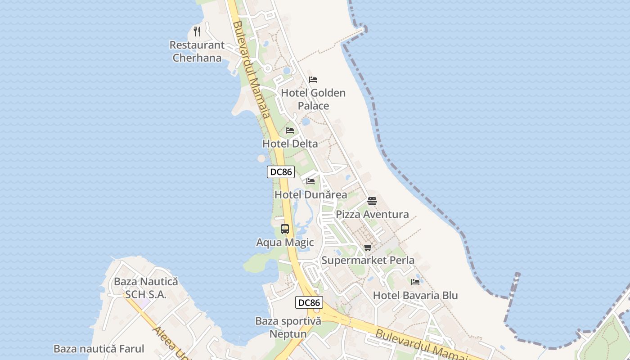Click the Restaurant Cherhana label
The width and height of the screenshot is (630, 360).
[197, 51]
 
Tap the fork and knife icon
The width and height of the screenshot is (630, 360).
[197, 31]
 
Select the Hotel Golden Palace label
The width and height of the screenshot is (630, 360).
[313, 99]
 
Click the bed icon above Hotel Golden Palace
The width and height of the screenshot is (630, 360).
[313, 80]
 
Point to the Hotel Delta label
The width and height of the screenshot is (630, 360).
[290, 144]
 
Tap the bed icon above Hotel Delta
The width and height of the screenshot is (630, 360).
[290, 130]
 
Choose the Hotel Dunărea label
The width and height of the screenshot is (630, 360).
[310, 195]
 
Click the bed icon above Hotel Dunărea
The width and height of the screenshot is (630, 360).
[310, 181]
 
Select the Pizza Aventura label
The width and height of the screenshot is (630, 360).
[372, 214]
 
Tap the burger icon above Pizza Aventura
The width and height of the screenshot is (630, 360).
[372, 201]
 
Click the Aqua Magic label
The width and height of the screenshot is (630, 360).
[285, 243]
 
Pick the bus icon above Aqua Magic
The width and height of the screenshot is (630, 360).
[285, 229]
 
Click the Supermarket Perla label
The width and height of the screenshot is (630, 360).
[368, 260]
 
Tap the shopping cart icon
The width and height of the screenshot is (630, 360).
[368, 247]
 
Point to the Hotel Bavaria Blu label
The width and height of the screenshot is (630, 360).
[415, 296]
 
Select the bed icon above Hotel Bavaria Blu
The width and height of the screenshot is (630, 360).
[415, 282]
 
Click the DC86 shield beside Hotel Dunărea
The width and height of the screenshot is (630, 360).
[280, 171]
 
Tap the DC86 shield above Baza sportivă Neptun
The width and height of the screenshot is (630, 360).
[309, 303]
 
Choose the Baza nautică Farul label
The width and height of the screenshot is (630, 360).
[99, 349]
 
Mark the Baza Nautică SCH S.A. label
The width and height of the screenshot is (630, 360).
[146, 288]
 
